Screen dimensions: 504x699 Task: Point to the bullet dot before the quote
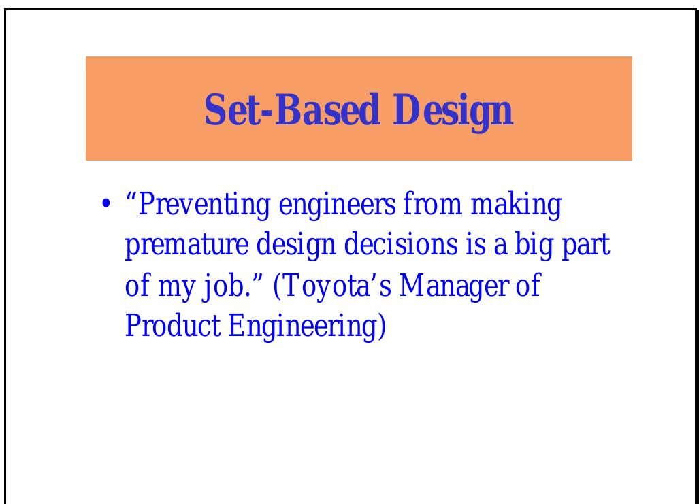[x=106, y=205]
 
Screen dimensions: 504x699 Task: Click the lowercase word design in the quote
[x=291, y=246]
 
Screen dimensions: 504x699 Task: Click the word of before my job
[x=137, y=286]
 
